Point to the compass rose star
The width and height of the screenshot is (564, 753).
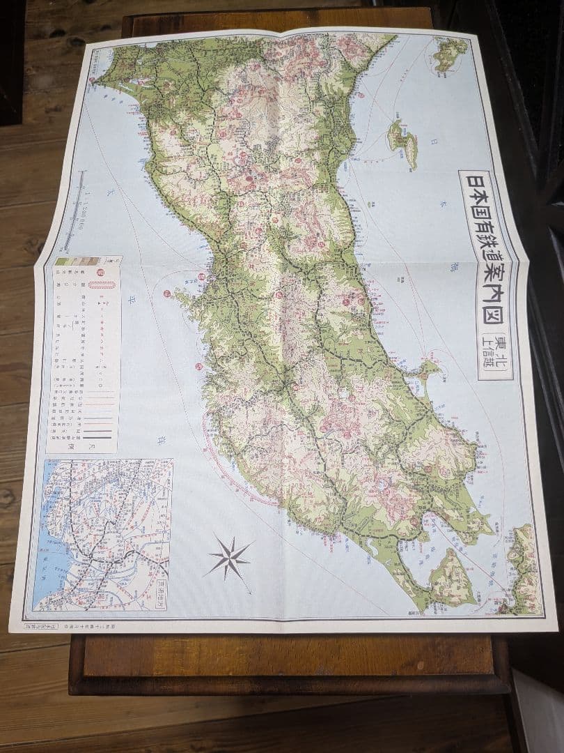[229, 556]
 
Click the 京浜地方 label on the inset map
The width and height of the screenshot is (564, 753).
[163, 593]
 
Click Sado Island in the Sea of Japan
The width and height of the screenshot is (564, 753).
[403, 142]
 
